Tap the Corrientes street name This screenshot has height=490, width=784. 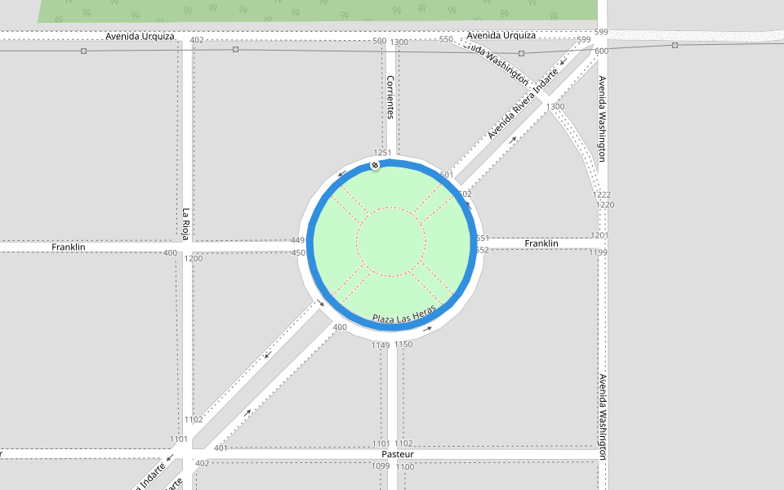[390, 97]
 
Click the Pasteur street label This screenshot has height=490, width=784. [398, 454]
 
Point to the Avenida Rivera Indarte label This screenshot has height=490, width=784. [523, 103]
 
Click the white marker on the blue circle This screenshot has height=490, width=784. [375, 166]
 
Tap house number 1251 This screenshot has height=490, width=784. [382, 153]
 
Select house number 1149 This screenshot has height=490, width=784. [381, 345]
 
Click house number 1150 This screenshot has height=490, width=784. [403, 345]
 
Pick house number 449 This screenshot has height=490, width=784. [297, 240]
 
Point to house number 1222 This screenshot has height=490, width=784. [602, 194]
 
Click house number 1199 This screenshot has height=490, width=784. [599, 252]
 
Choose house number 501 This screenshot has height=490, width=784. [446, 175]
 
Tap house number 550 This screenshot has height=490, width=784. [446, 39]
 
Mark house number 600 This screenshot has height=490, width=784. [602, 51]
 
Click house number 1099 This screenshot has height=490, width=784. [381, 466]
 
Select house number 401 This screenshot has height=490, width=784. [220, 448]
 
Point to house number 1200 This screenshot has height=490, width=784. [194, 258]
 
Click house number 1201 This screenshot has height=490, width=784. [599, 235]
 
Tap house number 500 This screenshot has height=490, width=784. [379, 41]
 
